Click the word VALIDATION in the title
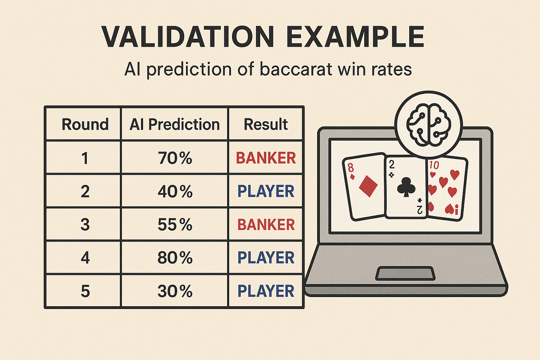pyautogui.click(x=187, y=37)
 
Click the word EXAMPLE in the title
pyautogui.click(x=355, y=37)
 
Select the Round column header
pyautogui.click(x=85, y=124)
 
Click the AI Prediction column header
pyautogui.click(x=174, y=124)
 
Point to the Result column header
pyautogui.click(x=266, y=124)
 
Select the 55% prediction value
pyautogui.click(x=175, y=225)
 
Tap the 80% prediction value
pyautogui.click(x=175, y=258)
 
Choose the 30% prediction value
pyautogui.click(x=175, y=291)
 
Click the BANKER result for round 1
pyautogui.click(x=266, y=158)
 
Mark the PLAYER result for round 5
pyautogui.click(x=266, y=291)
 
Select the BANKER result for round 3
pyautogui.click(x=266, y=225)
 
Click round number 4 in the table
pyautogui.click(x=85, y=258)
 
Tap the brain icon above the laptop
pyautogui.click(x=429, y=125)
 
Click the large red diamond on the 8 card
pyautogui.click(x=368, y=186)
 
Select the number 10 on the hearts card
pyautogui.click(x=434, y=165)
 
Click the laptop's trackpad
pyautogui.click(x=405, y=274)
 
